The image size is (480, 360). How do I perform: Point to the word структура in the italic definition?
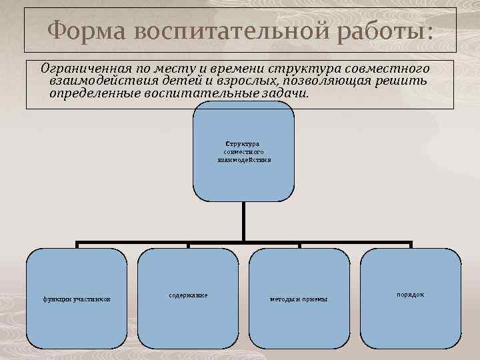[301, 69]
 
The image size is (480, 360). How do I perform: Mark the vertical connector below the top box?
[243, 220]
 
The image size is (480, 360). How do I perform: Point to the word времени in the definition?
[227, 69]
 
